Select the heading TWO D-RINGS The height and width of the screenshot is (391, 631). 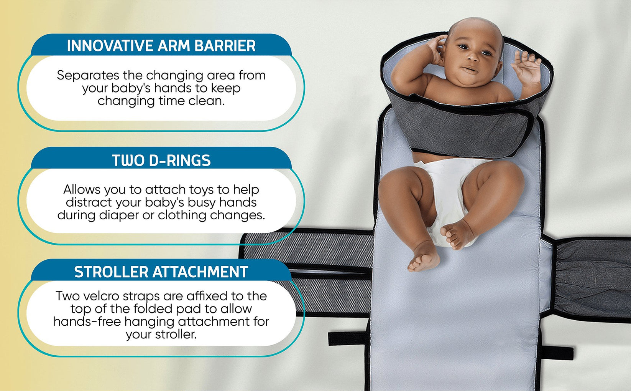[x=161, y=161]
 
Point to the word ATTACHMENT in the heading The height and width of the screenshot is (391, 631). [x=200, y=272]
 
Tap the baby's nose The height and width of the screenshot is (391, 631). [x=472, y=58]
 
